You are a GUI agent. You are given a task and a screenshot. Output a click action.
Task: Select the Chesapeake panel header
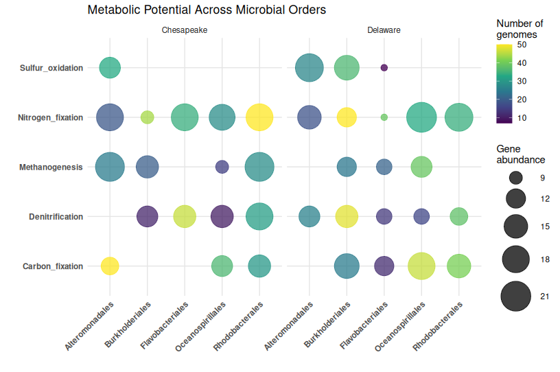185,31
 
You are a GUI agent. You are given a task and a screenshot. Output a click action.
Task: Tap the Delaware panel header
384,31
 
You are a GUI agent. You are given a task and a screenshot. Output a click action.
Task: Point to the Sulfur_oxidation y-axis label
51,68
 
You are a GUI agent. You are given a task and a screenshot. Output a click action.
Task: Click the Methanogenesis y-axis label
51,167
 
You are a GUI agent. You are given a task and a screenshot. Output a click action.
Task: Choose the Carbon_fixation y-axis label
53,266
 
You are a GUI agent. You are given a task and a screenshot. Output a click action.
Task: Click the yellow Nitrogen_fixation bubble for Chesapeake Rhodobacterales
259,117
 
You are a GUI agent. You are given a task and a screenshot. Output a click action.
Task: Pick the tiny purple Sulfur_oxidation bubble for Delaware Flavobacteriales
384,67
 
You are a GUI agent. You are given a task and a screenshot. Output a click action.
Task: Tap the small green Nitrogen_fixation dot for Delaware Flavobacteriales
384,117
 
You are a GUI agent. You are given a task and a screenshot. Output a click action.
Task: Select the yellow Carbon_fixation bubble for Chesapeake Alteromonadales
110,266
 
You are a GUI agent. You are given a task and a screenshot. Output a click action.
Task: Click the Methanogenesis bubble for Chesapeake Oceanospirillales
222,167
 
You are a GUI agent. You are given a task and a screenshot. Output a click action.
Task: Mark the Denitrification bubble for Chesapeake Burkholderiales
148,217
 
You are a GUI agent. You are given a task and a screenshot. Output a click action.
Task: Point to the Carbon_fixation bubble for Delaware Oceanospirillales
421,266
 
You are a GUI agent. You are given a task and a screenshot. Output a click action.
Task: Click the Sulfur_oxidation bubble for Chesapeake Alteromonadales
110,67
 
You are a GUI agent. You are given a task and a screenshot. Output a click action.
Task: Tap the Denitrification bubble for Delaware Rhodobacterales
458,216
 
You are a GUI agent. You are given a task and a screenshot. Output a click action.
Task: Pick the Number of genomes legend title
520,29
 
